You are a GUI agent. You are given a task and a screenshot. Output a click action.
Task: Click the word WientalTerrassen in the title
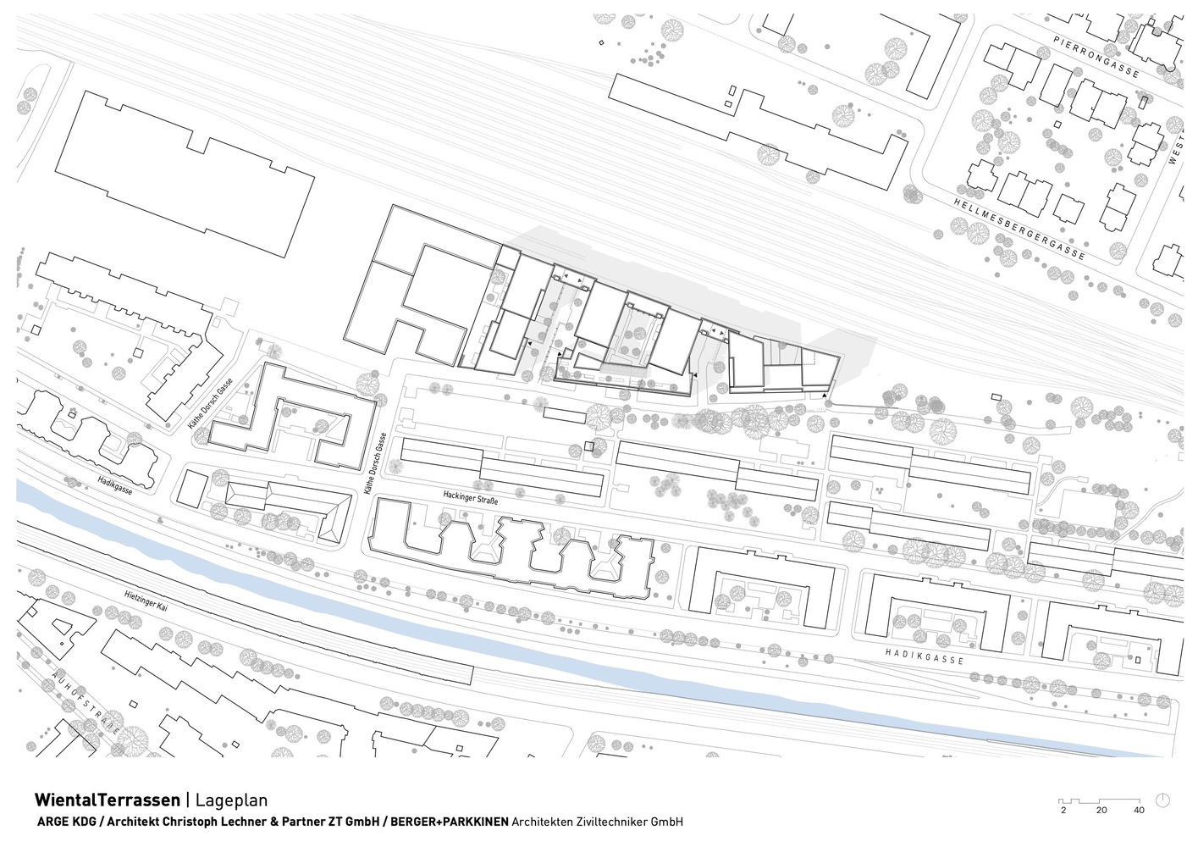107,800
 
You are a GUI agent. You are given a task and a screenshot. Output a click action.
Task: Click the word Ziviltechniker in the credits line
608,822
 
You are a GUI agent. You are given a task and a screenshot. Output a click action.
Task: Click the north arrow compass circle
1163,800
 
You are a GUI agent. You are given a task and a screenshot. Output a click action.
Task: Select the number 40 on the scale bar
1139,811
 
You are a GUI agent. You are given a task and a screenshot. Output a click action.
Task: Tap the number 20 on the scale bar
1101,811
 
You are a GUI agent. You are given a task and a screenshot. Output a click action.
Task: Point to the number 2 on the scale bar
1063,811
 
